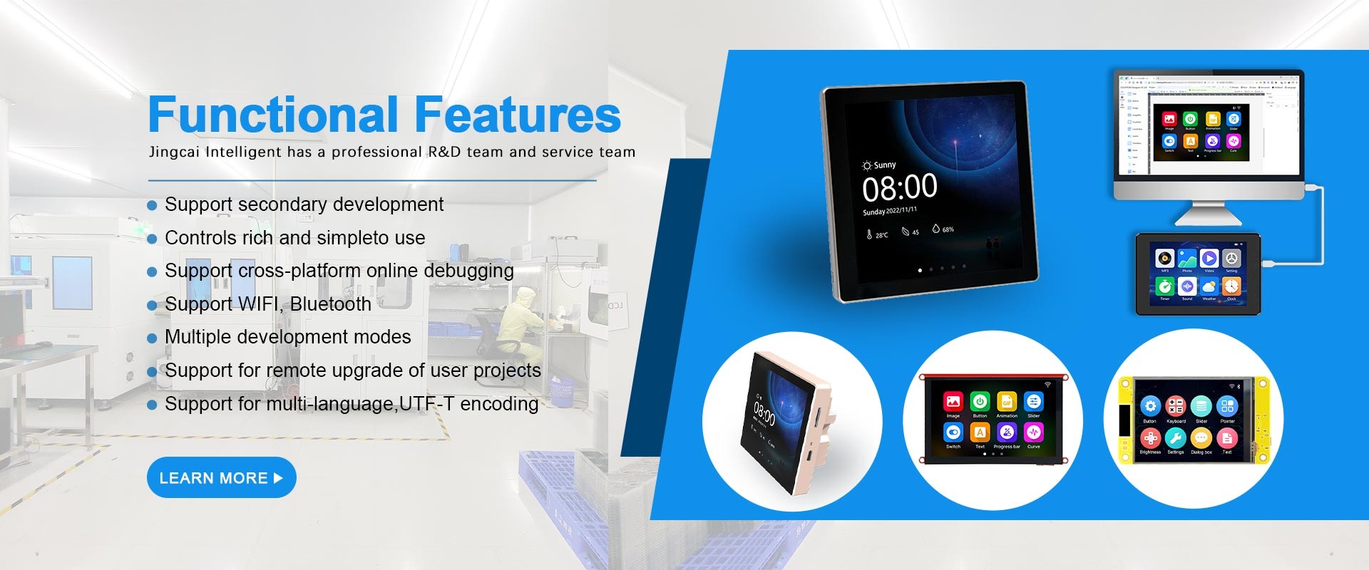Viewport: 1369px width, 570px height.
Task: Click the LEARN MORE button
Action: click(221, 477)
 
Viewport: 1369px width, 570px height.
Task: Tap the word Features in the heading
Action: click(518, 115)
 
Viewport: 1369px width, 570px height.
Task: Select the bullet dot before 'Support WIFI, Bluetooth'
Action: click(152, 306)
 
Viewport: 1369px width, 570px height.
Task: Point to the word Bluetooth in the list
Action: click(330, 304)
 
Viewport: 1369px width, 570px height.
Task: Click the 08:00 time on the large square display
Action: click(899, 188)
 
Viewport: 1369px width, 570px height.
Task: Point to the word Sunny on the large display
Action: click(884, 165)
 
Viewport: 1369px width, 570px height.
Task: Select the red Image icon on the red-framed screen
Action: click(953, 402)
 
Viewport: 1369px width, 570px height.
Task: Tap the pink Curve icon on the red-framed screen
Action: click(1033, 432)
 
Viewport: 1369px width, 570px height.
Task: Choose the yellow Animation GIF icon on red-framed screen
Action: click(1007, 402)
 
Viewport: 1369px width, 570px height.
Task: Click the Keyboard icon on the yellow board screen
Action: click(1176, 406)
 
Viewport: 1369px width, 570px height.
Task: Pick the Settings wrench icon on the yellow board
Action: click(1176, 437)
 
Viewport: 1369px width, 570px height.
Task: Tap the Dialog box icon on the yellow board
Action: click(1201, 437)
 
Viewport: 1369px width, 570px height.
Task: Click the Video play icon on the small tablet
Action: click(1209, 258)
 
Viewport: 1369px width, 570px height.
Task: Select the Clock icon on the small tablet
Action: click(1231, 286)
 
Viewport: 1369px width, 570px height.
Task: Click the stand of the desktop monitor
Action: click(1209, 214)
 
